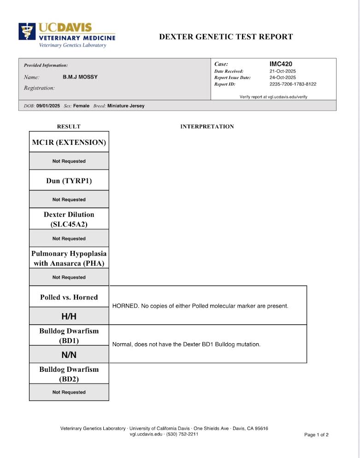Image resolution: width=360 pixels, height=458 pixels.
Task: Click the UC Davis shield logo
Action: (x=27, y=31)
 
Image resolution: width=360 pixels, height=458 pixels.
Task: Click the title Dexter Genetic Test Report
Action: (x=226, y=37)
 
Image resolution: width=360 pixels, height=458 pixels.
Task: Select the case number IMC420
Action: (x=281, y=64)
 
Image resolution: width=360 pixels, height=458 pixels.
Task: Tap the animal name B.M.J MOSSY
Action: (x=80, y=77)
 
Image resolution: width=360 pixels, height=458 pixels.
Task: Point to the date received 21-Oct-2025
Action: (x=283, y=71)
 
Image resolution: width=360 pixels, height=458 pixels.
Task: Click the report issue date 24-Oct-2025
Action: (x=283, y=77)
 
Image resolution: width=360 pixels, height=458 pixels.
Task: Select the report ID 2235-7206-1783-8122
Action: (x=293, y=84)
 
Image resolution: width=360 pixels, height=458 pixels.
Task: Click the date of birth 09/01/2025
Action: (x=48, y=106)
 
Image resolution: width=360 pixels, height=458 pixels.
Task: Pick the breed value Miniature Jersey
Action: (x=126, y=106)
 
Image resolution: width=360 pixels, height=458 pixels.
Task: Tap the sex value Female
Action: (x=81, y=106)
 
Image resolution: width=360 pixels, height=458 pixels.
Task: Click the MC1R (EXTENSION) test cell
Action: (x=69, y=143)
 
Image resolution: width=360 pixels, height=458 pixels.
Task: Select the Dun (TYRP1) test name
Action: (x=69, y=181)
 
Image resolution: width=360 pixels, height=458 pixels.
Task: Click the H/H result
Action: (x=69, y=316)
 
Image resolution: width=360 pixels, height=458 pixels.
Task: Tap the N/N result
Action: (x=69, y=355)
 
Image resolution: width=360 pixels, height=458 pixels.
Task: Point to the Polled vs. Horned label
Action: (x=69, y=297)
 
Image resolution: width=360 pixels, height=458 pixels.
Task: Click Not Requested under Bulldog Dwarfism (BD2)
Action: (x=69, y=392)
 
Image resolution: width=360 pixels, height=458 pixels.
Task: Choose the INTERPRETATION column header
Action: (x=207, y=126)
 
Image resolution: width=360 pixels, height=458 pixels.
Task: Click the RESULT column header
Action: (x=69, y=126)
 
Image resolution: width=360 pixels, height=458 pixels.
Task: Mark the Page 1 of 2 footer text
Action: (x=316, y=434)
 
